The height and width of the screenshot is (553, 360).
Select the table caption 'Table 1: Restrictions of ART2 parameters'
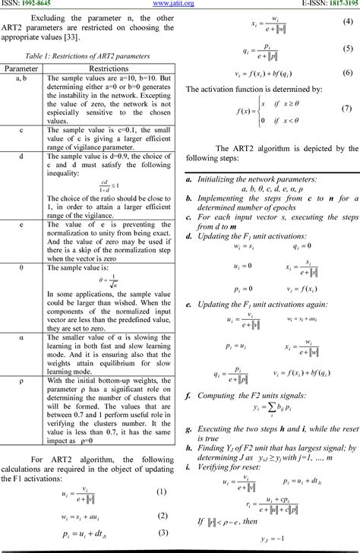click(x=87, y=57)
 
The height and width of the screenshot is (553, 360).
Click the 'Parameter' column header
click(x=22, y=68)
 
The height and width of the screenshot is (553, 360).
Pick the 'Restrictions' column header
click(x=109, y=68)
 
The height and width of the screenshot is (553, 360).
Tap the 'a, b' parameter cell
click(x=22, y=77)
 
